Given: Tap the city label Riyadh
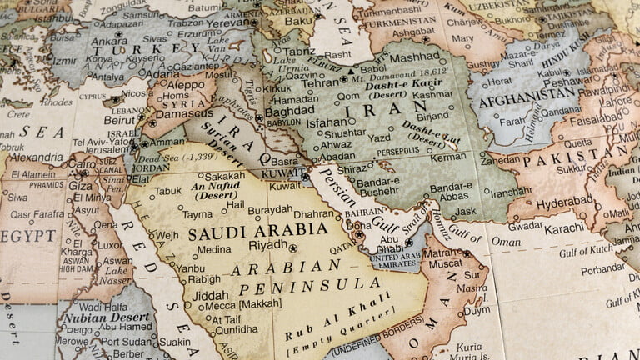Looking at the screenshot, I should click(268, 246).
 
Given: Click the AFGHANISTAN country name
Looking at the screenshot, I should click(523, 93).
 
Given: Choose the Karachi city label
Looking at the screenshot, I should click(565, 227).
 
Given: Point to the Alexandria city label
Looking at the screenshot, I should click(35, 157).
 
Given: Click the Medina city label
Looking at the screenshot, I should click(214, 248).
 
